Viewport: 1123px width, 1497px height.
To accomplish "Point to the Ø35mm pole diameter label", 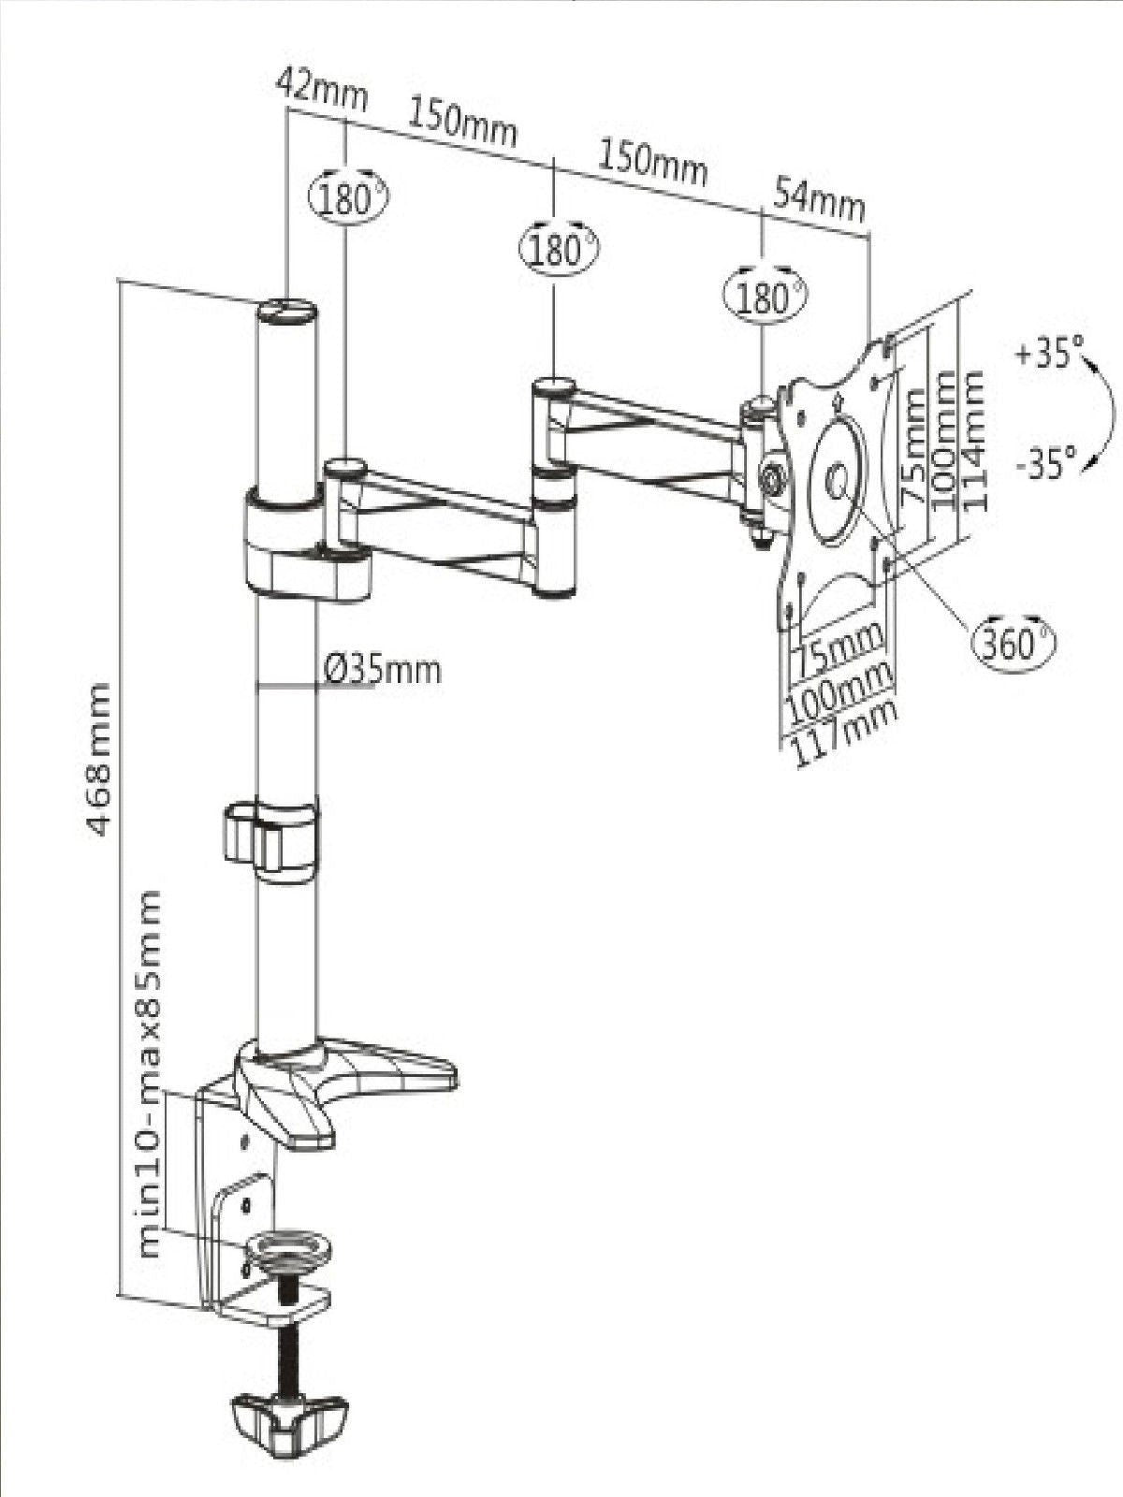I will pyautogui.click(x=382, y=670).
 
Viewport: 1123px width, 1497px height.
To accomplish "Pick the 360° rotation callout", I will pyautogui.click(x=1014, y=642).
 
